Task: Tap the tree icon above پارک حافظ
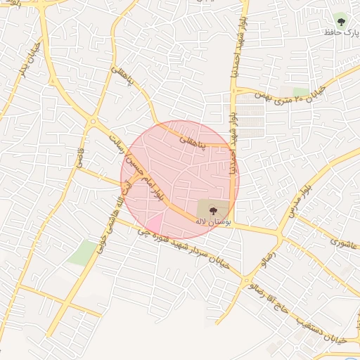coord(342,19)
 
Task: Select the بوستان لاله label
coord(209,221)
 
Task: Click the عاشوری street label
coord(343,243)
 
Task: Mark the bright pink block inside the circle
coord(154,224)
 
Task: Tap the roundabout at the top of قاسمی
coord(92,123)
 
